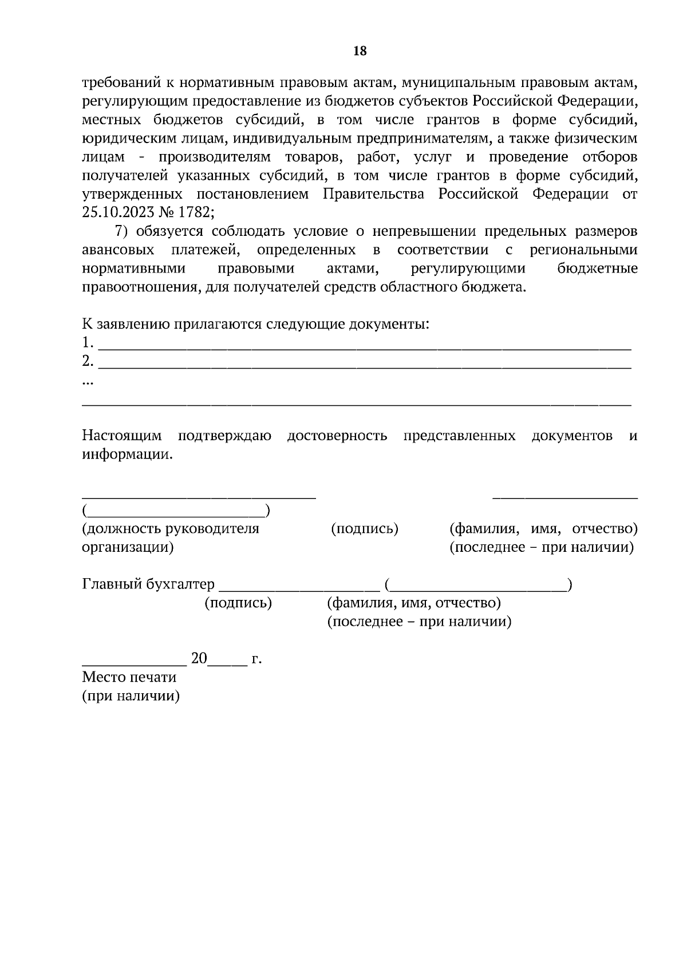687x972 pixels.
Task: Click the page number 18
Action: coord(360,52)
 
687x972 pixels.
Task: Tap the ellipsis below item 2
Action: coord(88,381)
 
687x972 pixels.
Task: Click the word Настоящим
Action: coord(122,436)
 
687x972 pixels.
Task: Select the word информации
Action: coord(127,455)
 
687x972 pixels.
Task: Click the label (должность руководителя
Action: coord(171,528)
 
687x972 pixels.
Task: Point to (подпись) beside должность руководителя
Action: coord(365,528)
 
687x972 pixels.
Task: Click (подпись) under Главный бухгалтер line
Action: coord(238,603)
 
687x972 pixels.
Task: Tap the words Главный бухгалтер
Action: coord(148,584)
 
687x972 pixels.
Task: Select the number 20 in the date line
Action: coord(199,658)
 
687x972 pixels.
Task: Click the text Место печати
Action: coord(129,677)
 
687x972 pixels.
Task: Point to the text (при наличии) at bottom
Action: coord(131,696)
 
